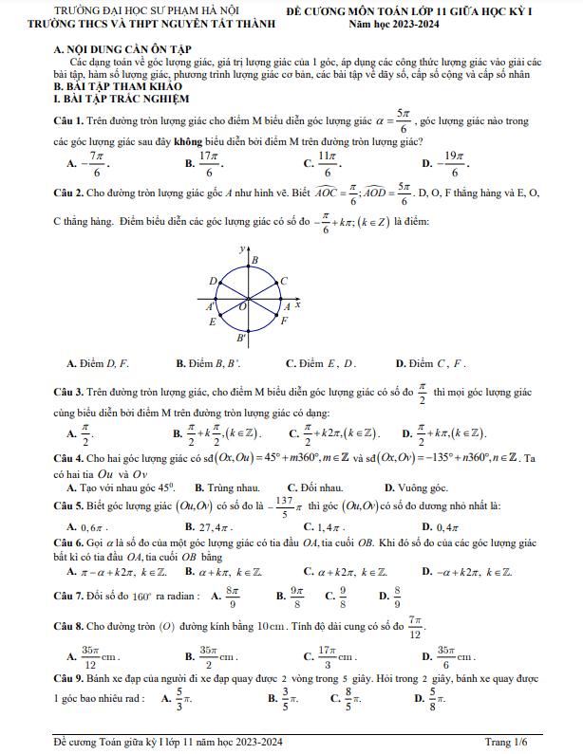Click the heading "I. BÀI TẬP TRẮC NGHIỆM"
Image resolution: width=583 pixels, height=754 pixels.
coord(122,99)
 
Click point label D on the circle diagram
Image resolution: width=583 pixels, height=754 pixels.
coord(213,280)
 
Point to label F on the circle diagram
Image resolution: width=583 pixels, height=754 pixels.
coord(284,322)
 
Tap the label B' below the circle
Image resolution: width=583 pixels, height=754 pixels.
coord(242,338)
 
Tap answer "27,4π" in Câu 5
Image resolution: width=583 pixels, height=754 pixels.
coord(215,525)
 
